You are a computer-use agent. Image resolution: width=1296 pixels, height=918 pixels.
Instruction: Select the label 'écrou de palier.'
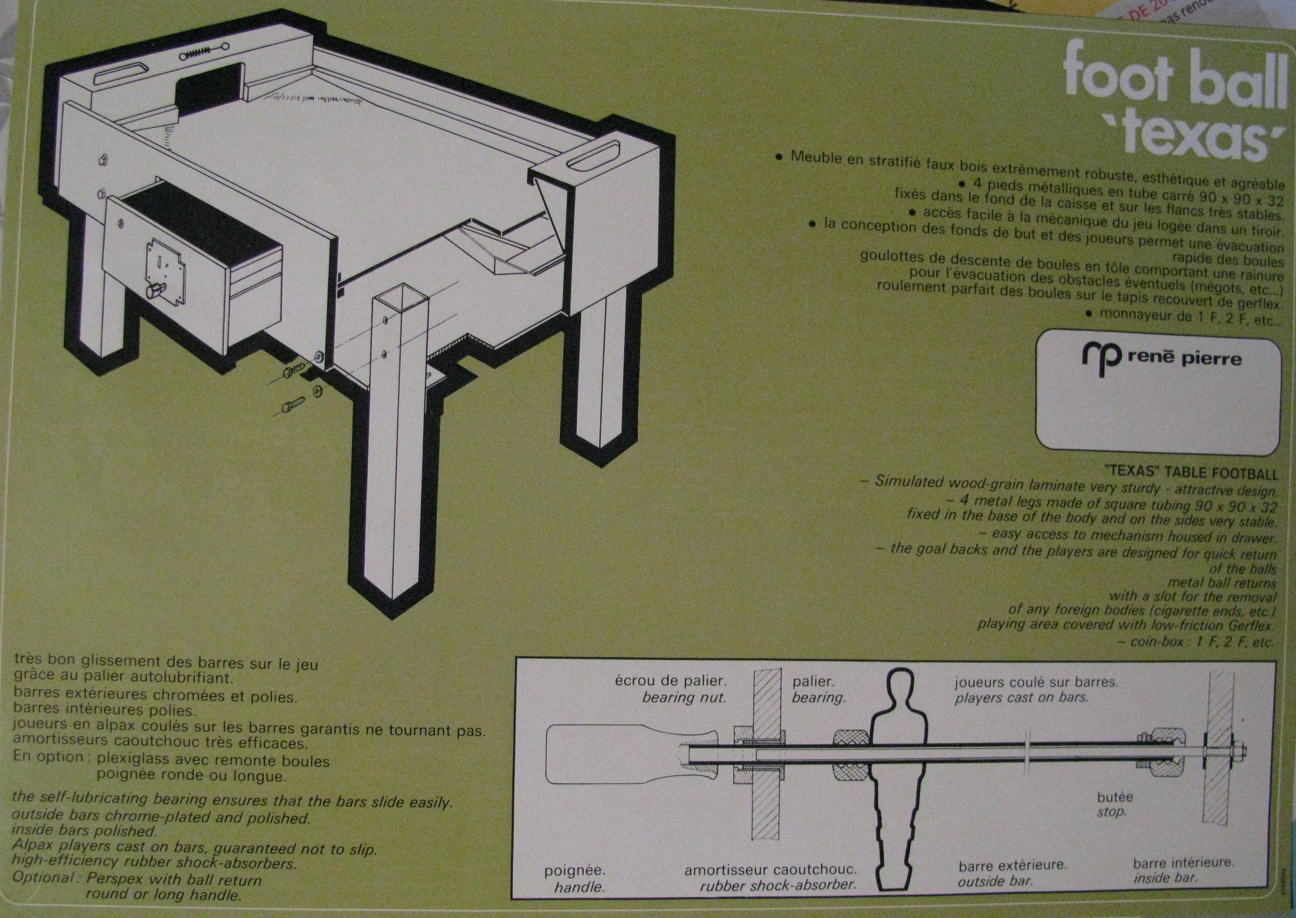[670, 681]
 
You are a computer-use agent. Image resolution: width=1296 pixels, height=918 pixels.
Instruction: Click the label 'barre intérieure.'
[1183, 878]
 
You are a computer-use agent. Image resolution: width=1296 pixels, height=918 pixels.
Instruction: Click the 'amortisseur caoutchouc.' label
[770, 885]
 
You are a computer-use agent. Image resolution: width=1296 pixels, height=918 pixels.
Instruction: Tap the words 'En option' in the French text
[48, 757]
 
